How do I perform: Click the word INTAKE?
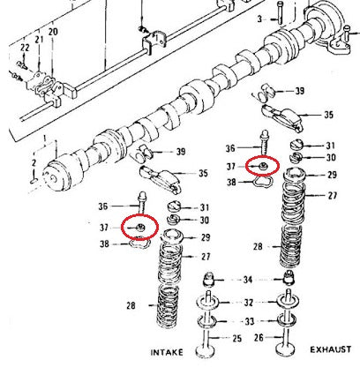click(167, 352)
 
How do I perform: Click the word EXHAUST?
click(331, 349)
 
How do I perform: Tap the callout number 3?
click(259, 19)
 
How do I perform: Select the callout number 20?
click(53, 32)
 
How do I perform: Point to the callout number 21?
click(39, 39)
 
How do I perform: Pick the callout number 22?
click(25, 48)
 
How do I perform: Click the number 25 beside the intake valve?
click(236, 339)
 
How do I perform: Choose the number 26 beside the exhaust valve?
click(259, 338)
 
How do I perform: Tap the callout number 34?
click(248, 280)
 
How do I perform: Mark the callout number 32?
click(249, 303)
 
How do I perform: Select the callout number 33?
click(250, 321)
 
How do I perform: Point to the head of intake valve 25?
click(205, 352)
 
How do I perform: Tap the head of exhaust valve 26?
click(285, 349)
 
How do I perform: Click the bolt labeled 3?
click(280, 12)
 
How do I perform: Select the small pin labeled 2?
click(34, 180)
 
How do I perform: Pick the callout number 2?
click(34, 162)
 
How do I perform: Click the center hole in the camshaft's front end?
click(53, 177)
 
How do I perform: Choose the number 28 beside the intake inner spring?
click(131, 306)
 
